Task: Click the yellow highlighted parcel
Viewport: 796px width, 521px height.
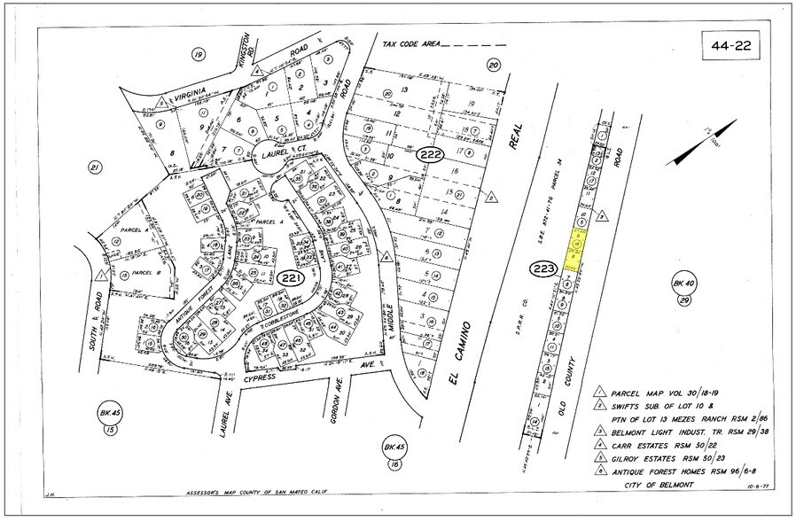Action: [x=577, y=249]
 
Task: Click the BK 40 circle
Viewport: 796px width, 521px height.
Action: [x=682, y=284]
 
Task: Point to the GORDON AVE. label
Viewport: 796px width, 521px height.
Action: [x=338, y=399]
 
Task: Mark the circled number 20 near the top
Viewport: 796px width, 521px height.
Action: [x=494, y=63]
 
